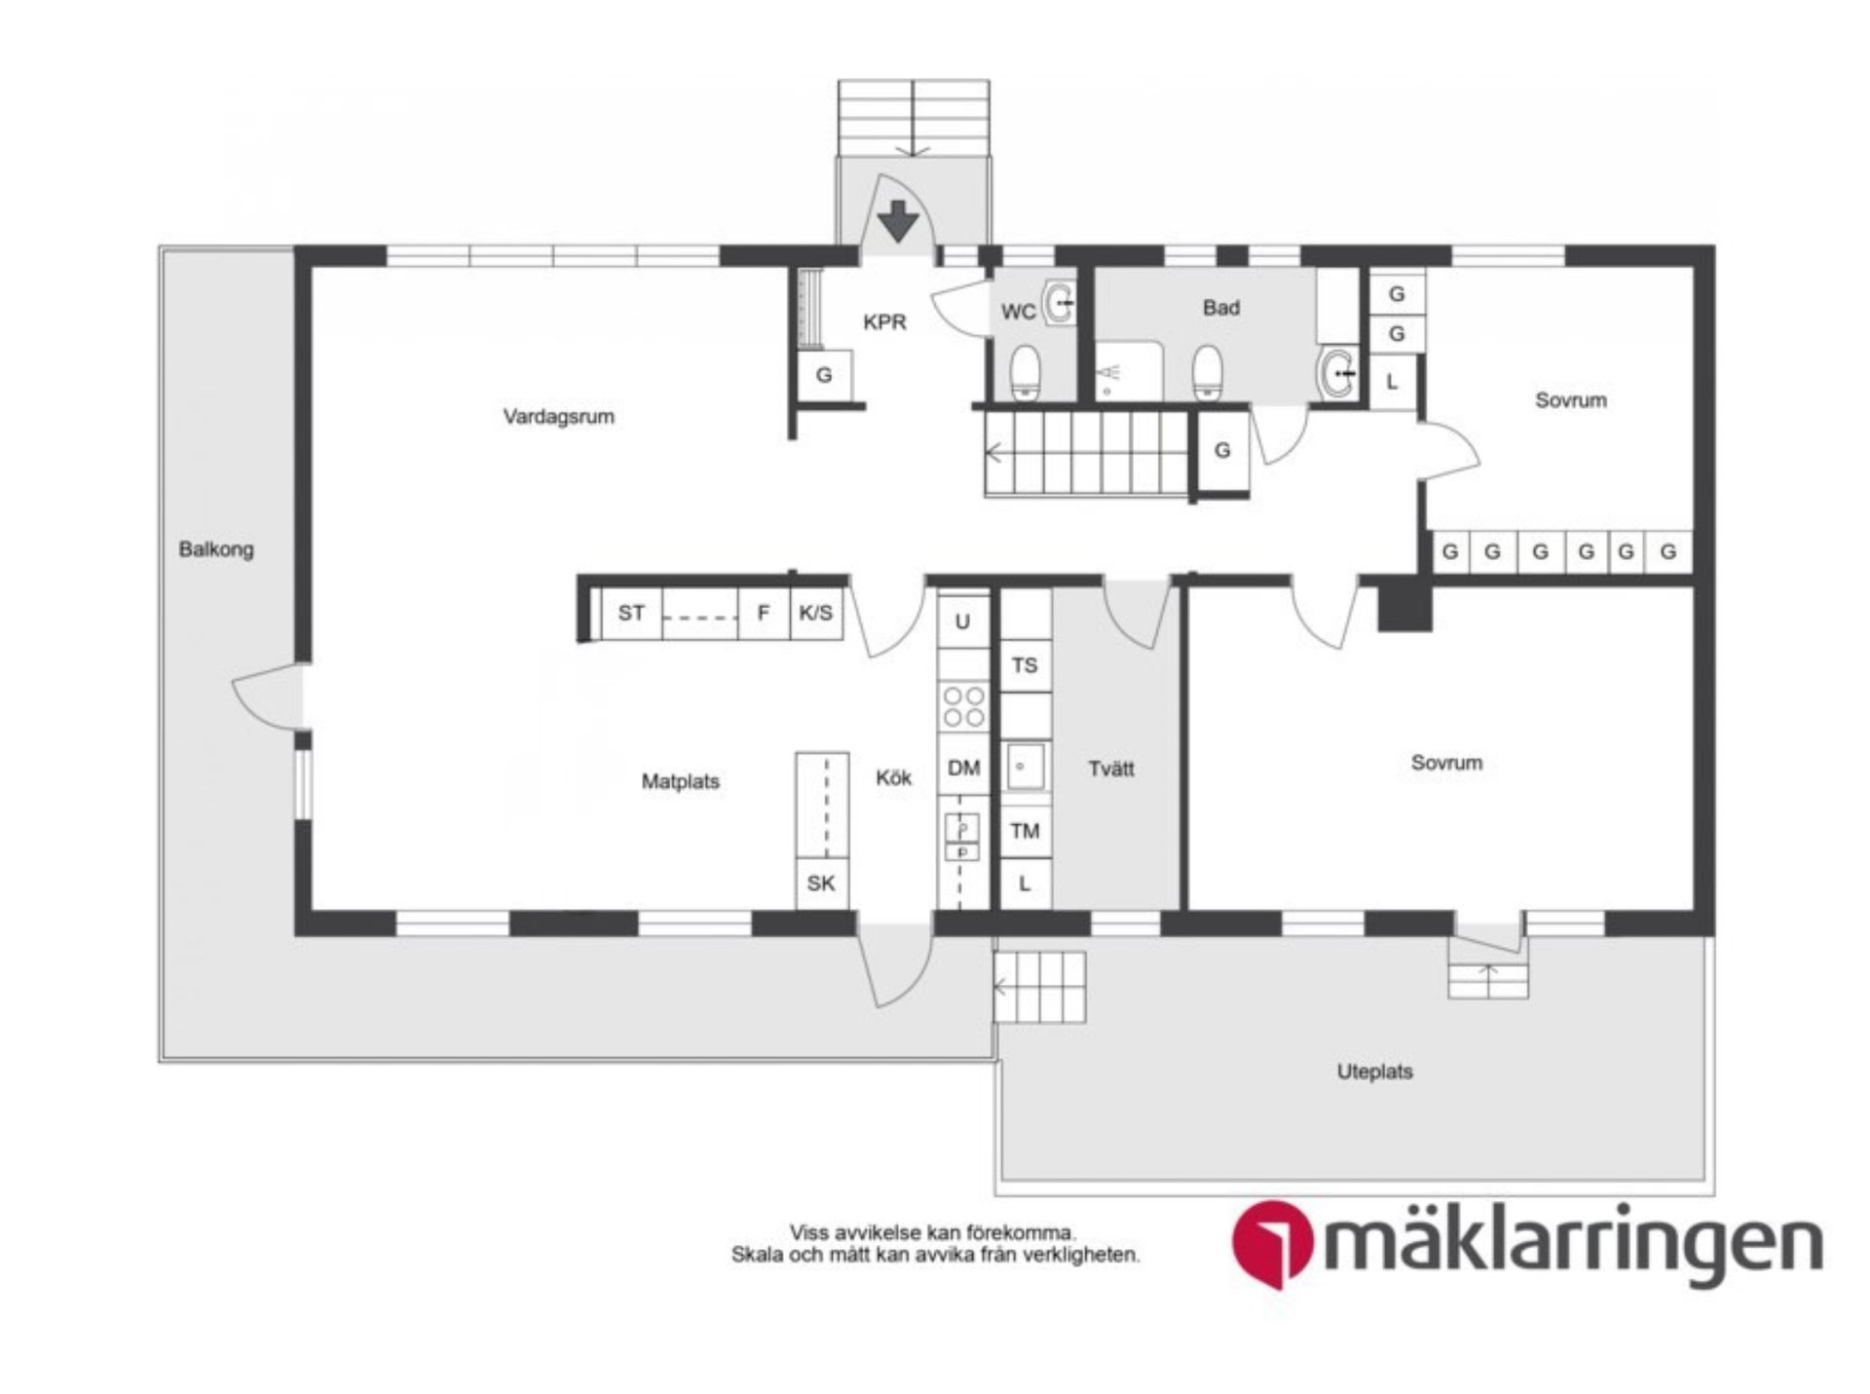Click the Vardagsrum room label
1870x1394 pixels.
tap(558, 417)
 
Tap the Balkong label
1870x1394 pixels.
tap(216, 549)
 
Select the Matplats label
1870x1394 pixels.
tap(680, 781)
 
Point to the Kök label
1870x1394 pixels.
tap(893, 777)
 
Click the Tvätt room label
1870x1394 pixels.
tap(1110, 769)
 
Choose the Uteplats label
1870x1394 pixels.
tap(1374, 1072)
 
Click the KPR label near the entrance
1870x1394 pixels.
tap(884, 321)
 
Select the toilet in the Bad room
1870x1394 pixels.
tap(1207, 371)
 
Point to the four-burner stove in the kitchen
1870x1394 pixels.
tap(963, 706)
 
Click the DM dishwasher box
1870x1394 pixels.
tap(963, 769)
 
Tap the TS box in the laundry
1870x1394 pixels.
tap(1024, 665)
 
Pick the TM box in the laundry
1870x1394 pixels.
tap(1025, 831)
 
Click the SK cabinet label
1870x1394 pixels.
tap(821, 884)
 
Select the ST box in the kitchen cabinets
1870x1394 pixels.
tap(631, 613)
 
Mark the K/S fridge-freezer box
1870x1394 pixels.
tap(815, 613)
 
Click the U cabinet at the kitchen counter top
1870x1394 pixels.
tap(962, 621)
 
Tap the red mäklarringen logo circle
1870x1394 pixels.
tap(1272, 1245)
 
